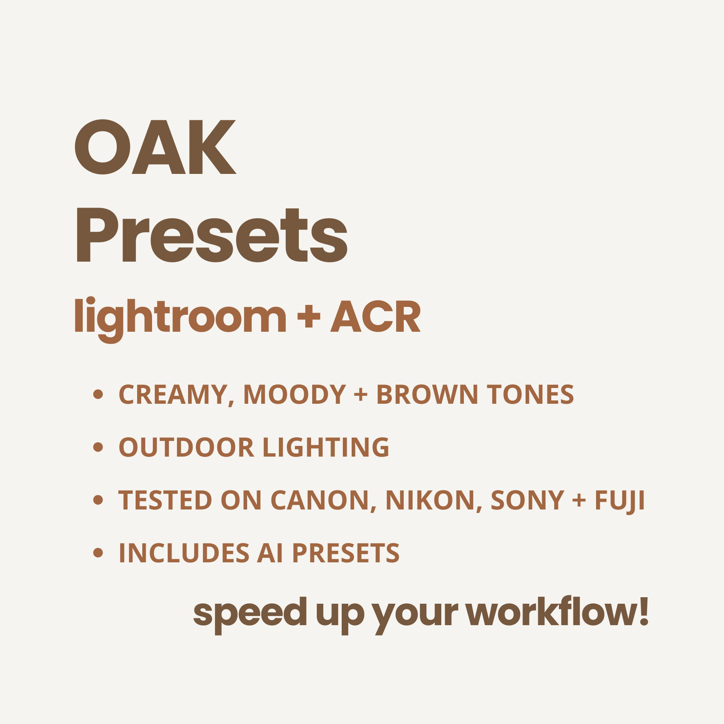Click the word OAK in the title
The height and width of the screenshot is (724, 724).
155,147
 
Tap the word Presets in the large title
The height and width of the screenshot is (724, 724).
212,235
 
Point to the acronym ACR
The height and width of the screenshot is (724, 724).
375,316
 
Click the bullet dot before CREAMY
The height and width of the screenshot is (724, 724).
98,394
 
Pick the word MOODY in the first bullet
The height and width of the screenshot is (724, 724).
295,394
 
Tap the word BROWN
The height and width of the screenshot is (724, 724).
428,394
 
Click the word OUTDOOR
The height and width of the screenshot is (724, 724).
186,447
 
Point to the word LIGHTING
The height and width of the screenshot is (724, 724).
326,447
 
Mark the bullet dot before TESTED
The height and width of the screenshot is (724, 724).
98,500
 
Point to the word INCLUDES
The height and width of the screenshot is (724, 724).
184,553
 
